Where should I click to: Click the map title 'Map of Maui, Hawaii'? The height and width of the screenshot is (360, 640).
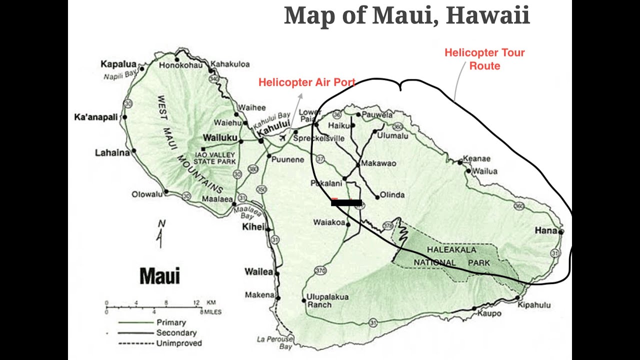(x=406, y=15)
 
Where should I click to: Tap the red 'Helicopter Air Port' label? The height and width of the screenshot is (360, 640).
(x=306, y=82)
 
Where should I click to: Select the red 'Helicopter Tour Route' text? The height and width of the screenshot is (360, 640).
(x=484, y=59)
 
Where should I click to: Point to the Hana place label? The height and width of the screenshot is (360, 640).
(x=545, y=230)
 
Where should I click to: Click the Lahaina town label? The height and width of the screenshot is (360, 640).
(x=112, y=152)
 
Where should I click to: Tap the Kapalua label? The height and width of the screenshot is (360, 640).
(x=118, y=63)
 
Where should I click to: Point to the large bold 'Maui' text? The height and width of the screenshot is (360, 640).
(x=159, y=276)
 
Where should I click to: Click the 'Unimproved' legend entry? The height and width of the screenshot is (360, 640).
(x=179, y=343)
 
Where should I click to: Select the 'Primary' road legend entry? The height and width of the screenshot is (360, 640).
(x=171, y=322)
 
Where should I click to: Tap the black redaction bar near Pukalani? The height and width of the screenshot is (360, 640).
(x=346, y=202)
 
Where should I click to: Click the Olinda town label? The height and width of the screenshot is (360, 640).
(x=392, y=195)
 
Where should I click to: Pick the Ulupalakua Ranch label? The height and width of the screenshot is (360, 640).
(x=327, y=300)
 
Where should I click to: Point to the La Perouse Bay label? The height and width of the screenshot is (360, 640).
(x=274, y=342)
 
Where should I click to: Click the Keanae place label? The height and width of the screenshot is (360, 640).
(x=476, y=159)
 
